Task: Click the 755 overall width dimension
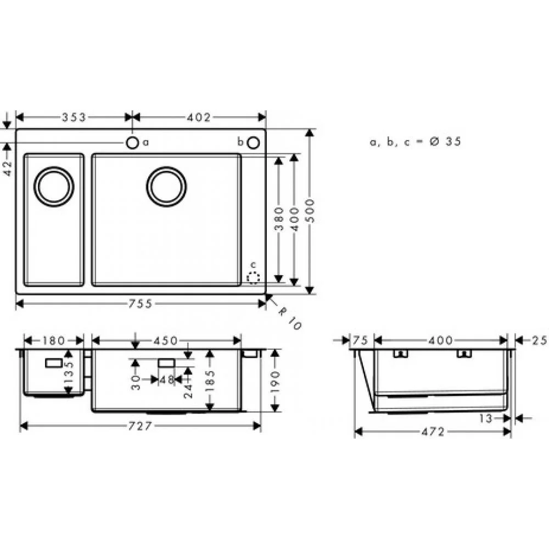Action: click(x=140, y=304)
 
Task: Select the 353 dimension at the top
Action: click(x=74, y=117)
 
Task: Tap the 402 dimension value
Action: click(x=199, y=117)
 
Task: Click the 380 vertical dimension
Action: click(x=279, y=219)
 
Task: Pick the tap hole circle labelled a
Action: click(x=132, y=143)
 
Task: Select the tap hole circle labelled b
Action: click(x=253, y=143)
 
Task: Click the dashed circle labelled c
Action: click(x=253, y=278)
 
